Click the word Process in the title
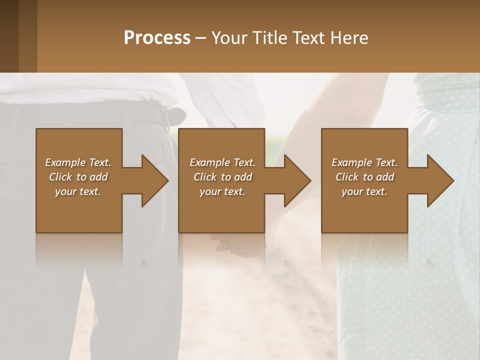coord(157,38)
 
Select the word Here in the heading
coord(349,38)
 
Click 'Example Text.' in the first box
coord(78,162)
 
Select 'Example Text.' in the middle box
coord(222,162)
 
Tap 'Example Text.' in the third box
coord(364,162)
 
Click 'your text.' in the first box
coord(78,191)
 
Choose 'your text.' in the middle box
coord(222,191)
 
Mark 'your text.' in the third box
coord(364,191)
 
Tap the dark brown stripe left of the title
coord(9,36)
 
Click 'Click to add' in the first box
coord(78,177)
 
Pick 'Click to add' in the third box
coord(364,177)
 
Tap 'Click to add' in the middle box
coord(222,177)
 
